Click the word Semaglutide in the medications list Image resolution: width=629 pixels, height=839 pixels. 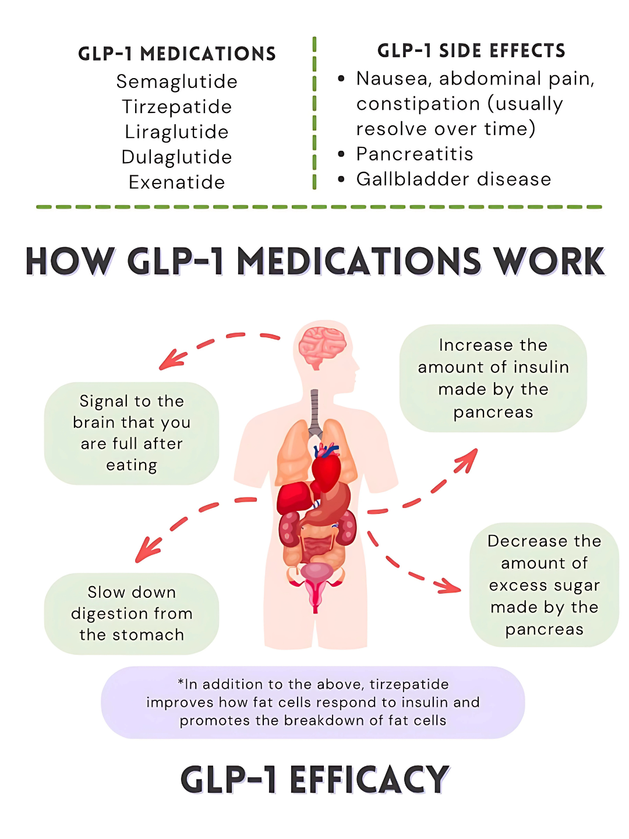point(176,82)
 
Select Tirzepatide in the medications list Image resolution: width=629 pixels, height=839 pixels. point(176,107)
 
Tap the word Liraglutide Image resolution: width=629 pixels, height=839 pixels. point(176,132)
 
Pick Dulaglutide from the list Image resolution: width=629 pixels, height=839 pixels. point(176,157)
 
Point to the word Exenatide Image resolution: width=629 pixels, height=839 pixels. point(176,182)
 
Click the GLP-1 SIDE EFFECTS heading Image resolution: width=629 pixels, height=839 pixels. point(471,51)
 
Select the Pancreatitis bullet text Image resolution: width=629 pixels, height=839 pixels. point(415,154)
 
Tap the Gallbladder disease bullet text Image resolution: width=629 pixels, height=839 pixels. point(454,179)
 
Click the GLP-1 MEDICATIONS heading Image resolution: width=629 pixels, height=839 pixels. point(177,54)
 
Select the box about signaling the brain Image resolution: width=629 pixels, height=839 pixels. point(132,433)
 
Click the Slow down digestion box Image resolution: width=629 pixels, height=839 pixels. point(132,614)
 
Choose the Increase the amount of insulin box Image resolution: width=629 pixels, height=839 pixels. point(493,378)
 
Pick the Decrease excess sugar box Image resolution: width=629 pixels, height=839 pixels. point(544,585)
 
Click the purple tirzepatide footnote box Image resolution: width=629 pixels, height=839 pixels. point(313,702)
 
